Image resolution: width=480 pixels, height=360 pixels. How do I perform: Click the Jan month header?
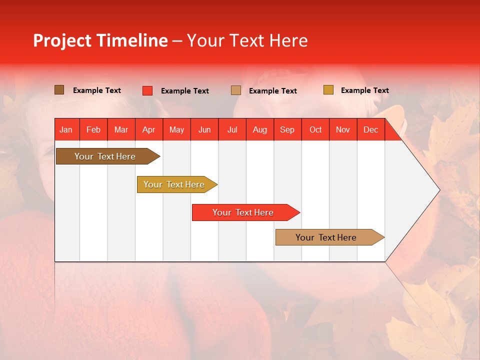pyautogui.click(x=66, y=130)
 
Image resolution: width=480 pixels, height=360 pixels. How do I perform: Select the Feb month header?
pyautogui.click(x=93, y=130)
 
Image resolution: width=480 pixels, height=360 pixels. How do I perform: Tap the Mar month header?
pyautogui.click(x=121, y=130)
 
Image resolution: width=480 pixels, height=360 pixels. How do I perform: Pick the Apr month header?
pyautogui.click(x=149, y=130)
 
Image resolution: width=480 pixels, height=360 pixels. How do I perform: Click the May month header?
pyautogui.click(x=176, y=130)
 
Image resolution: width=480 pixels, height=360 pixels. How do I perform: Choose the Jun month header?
pyautogui.click(x=204, y=130)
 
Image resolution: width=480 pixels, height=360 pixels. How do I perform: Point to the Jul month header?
pyautogui.click(x=232, y=130)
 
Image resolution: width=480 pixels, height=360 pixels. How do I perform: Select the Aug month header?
pyautogui.click(x=260, y=130)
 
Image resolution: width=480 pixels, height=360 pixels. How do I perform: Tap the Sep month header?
pyautogui.click(x=287, y=130)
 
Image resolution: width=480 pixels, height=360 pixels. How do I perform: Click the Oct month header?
pyautogui.click(x=315, y=130)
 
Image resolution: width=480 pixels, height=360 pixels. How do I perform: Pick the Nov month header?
pyautogui.click(x=343, y=130)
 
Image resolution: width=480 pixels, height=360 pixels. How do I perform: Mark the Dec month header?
pyautogui.click(x=370, y=130)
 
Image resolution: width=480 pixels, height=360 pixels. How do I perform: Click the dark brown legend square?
pyautogui.click(x=59, y=90)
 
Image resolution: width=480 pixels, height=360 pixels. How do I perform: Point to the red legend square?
pyautogui.click(x=147, y=90)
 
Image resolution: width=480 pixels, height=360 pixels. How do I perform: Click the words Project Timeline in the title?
pyautogui.click(x=100, y=40)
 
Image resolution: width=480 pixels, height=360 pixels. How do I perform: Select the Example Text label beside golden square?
pyautogui.click(x=364, y=90)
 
